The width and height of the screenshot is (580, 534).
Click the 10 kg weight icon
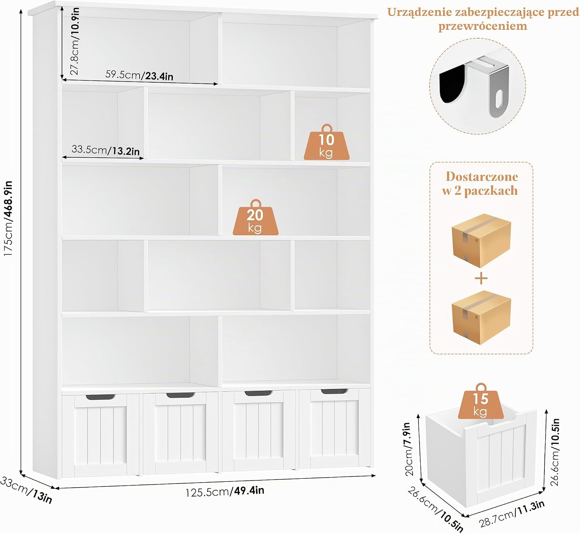[326, 143]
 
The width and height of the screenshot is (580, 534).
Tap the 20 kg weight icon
[256, 218]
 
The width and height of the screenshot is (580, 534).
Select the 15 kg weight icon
[481, 401]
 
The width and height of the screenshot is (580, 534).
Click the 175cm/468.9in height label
[8, 218]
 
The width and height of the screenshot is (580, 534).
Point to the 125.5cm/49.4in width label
[225, 491]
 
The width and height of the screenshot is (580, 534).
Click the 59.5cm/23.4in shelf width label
[139, 75]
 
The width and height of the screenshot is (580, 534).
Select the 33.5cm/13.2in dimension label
[106, 150]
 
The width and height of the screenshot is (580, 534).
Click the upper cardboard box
[481, 240]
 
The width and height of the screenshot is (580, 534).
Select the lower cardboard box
[481, 317]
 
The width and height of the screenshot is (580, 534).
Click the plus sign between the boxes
[481, 279]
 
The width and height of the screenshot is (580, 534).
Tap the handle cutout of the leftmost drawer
[100, 397]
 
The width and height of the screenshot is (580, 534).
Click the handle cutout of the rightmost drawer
[334, 391]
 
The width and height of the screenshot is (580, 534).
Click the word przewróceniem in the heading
[483, 26]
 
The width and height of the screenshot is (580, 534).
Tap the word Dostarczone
[482, 177]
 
